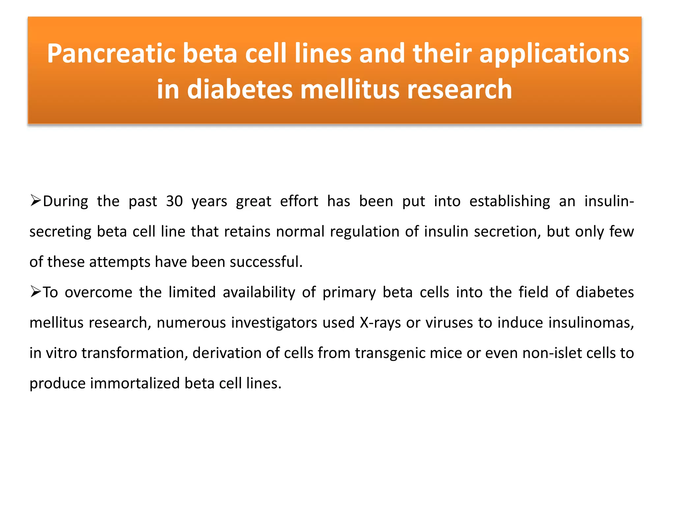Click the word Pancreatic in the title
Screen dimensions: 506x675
(x=111, y=54)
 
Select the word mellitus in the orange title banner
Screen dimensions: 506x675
(x=350, y=90)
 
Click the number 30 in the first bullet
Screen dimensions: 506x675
(x=174, y=201)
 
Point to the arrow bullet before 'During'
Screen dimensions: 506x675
(x=35, y=200)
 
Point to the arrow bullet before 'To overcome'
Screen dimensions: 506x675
(x=35, y=292)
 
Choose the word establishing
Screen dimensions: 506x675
(x=510, y=201)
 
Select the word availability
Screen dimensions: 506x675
(x=259, y=293)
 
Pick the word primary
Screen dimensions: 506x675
(x=349, y=293)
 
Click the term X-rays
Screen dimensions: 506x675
(x=380, y=323)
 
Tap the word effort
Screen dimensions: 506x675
(x=299, y=201)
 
